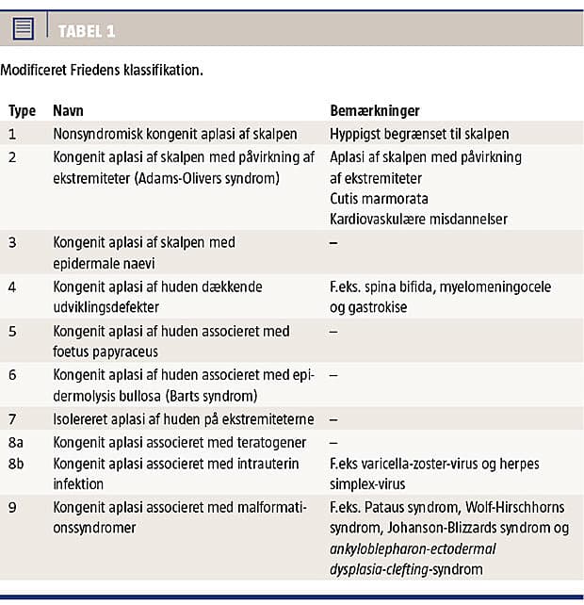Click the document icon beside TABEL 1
24,29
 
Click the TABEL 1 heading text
87,31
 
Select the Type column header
22,111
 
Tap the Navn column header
69,111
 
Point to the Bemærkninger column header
374,111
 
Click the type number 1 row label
12,134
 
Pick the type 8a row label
17,441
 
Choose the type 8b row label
17,463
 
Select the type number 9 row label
12,507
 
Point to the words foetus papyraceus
104,352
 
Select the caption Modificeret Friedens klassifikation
101,71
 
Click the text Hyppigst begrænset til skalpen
419,134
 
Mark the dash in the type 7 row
333,418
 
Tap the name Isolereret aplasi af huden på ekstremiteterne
184,418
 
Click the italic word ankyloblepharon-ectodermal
413,548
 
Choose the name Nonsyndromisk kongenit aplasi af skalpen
175,134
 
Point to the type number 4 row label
12,286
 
